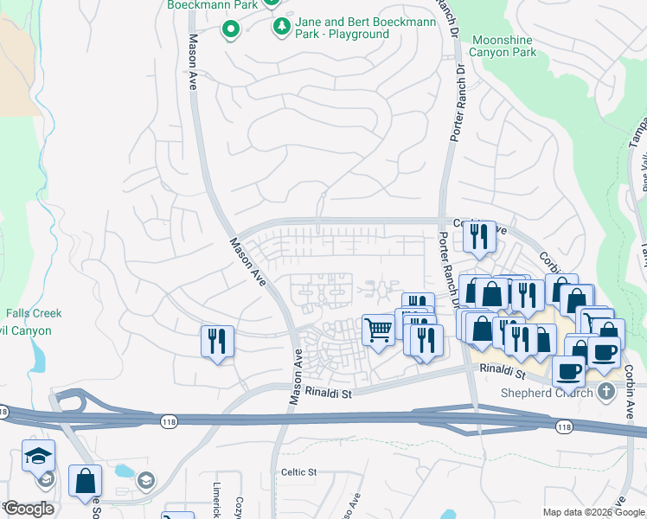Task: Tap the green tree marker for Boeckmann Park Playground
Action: tap(281, 28)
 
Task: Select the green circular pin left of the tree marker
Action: tap(230, 31)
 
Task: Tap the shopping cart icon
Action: tap(378, 330)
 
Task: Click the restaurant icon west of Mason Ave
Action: tap(217, 340)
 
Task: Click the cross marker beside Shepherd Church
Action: tap(606, 392)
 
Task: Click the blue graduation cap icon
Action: tap(39, 456)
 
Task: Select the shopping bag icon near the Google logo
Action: tap(85, 481)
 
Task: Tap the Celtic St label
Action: tap(299, 472)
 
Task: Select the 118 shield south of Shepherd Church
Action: tap(564, 427)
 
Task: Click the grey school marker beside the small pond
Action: tap(146, 479)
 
